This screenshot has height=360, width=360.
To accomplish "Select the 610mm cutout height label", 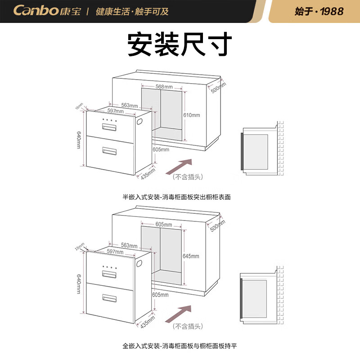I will pyautogui.click(x=191, y=115).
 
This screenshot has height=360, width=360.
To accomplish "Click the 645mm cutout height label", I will pyautogui.click(x=191, y=256).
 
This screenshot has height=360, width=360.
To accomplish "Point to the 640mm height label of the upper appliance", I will pyautogui.click(x=79, y=140).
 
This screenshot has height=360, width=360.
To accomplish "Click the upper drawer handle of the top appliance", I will pyautogui.click(x=109, y=127).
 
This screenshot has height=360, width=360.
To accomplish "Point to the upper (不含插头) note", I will pyautogui.click(x=188, y=177).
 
